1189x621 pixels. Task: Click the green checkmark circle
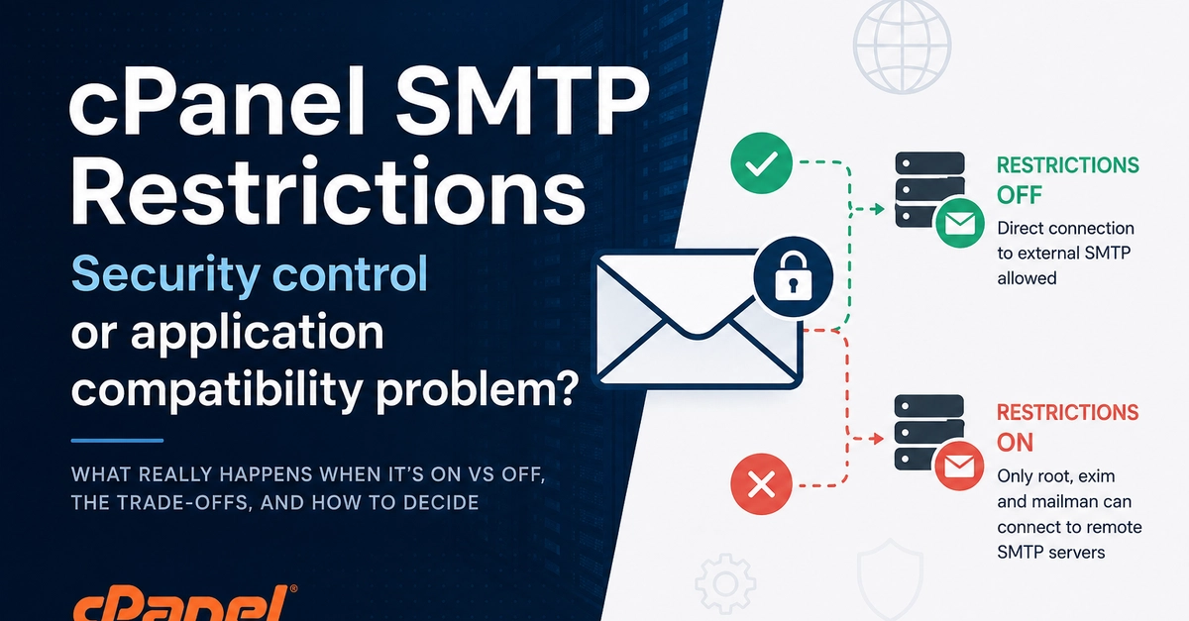coord(761,163)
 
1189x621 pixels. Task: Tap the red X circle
coord(761,484)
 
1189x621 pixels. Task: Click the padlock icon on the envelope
coord(793,277)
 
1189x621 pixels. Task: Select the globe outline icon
coord(902,46)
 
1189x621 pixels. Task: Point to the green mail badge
coord(960,224)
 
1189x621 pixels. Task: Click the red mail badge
coord(959,466)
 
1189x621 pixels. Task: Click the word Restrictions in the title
coord(328,190)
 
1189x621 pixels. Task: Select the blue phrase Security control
coord(250,274)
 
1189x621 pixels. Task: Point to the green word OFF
coord(1020,195)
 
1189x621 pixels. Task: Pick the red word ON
coord(1015,442)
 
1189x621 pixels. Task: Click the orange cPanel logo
coord(184,603)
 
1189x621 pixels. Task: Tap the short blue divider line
coord(117,440)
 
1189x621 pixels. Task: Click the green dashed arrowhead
coord(879,209)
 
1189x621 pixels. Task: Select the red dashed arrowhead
coord(879,439)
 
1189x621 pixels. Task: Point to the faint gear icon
coord(725,584)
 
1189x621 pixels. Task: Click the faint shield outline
coord(890,579)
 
